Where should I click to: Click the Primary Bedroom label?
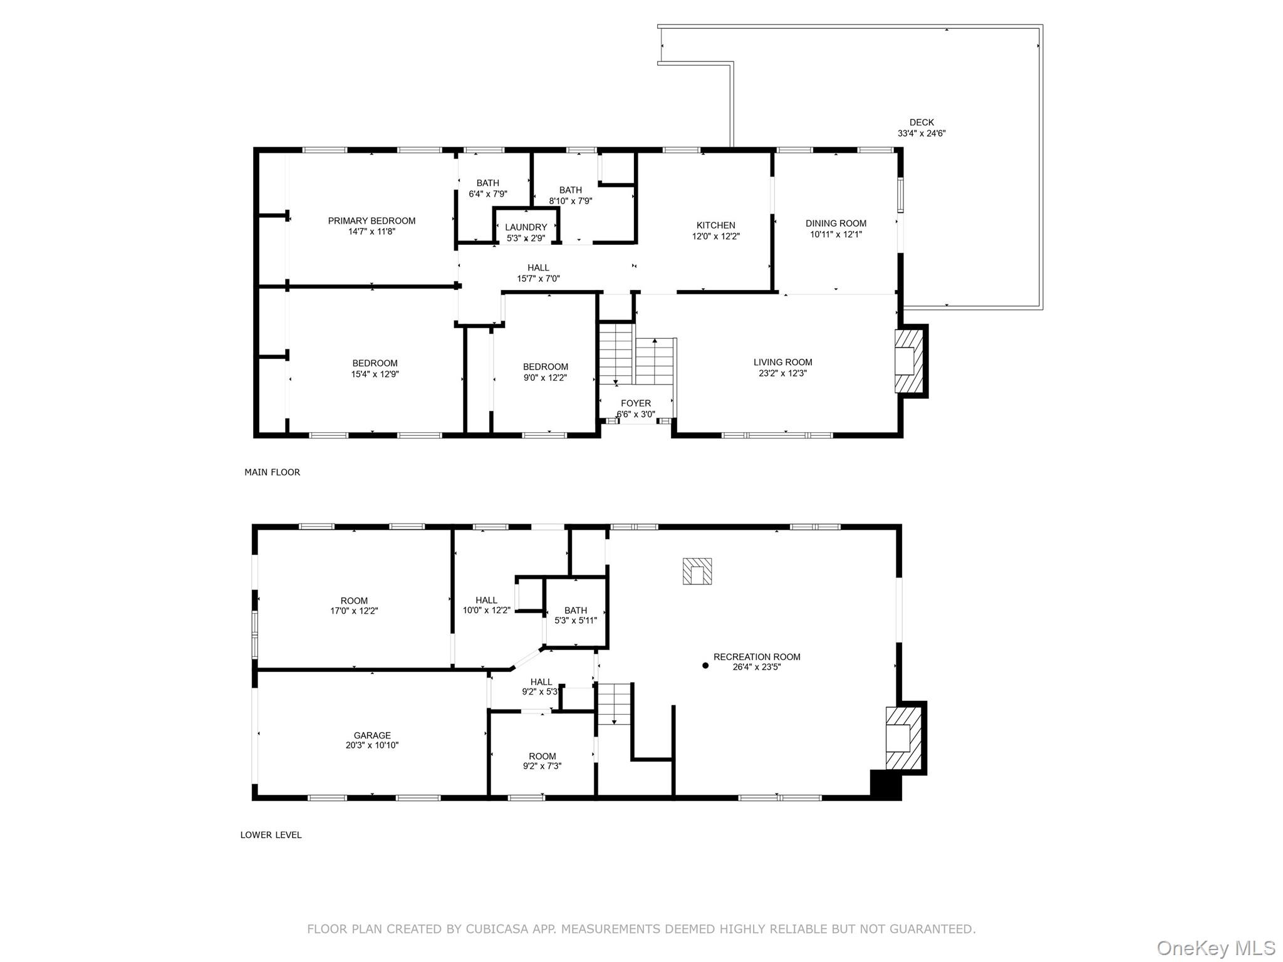point(371,220)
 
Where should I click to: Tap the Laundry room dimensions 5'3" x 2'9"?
point(526,239)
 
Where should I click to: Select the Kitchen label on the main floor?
point(715,225)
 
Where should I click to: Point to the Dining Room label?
point(836,223)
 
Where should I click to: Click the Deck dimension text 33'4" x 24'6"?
point(921,133)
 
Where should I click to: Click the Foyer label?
point(635,403)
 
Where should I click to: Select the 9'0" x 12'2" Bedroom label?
point(545,367)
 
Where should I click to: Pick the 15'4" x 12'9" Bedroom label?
point(375,363)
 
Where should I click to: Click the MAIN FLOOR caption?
point(272,472)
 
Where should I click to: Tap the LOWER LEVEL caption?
point(271,835)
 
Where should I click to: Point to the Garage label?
point(371,735)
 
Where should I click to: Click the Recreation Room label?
point(757,657)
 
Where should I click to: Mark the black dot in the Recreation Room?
point(705,666)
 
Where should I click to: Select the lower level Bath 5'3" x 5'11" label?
point(575,611)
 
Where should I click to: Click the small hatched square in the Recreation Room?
point(697,571)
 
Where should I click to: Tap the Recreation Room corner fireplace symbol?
point(902,738)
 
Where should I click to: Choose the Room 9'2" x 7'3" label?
point(542,756)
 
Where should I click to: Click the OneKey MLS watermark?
point(1215,948)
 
